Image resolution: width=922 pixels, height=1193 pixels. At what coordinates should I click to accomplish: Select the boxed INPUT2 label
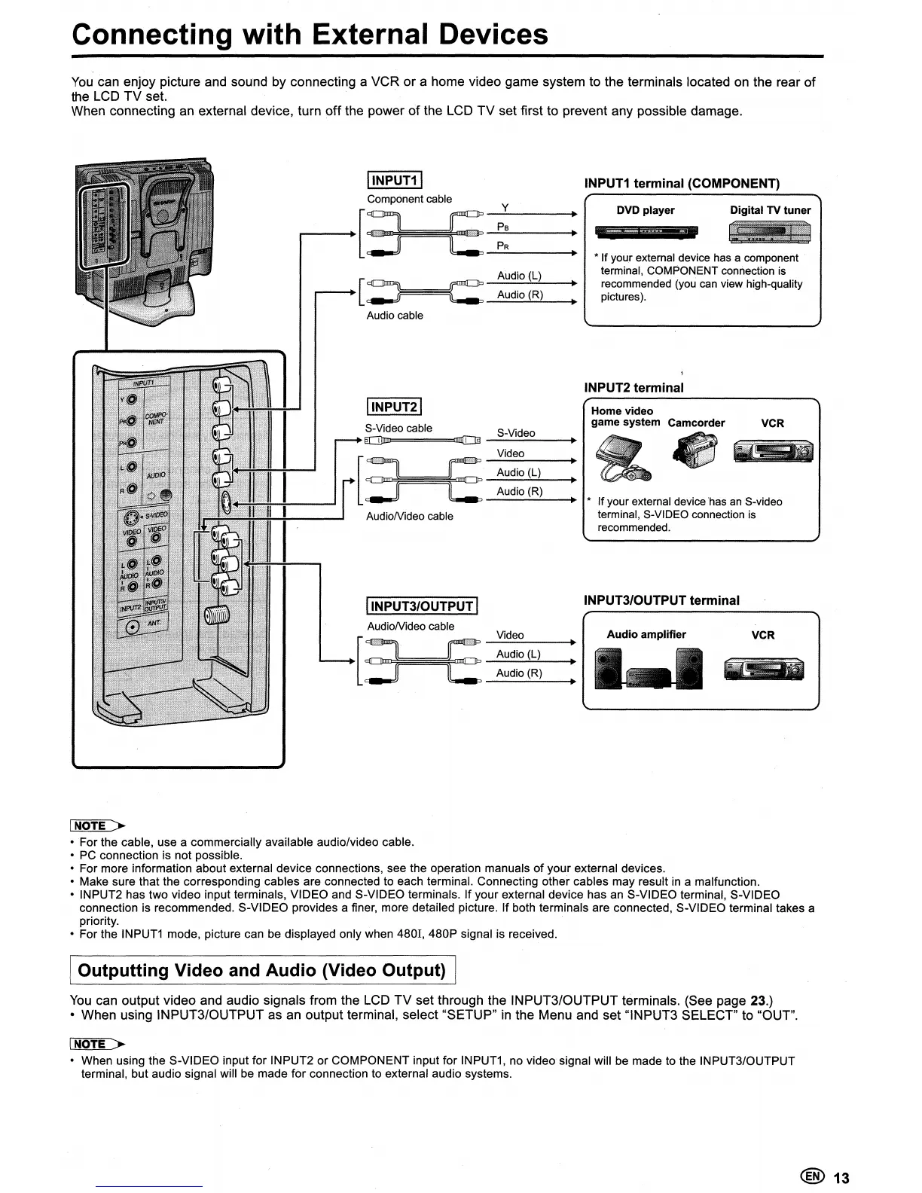(x=393, y=407)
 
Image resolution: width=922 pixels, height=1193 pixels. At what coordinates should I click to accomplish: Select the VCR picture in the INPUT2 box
(x=774, y=452)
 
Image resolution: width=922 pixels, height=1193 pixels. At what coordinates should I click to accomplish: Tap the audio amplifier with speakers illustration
(x=649, y=669)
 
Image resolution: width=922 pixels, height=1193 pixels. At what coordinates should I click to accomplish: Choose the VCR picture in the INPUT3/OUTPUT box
(x=763, y=669)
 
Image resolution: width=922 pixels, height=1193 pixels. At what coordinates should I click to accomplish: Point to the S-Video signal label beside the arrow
(x=516, y=433)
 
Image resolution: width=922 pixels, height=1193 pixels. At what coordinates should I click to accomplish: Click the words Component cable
(x=409, y=199)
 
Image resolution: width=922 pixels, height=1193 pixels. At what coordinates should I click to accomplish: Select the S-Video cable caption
(x=398, y=428)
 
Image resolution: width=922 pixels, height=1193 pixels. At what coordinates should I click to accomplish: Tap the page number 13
(x=841, y=1178)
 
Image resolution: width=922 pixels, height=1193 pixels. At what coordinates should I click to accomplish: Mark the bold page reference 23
(x=759, y=1001)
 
